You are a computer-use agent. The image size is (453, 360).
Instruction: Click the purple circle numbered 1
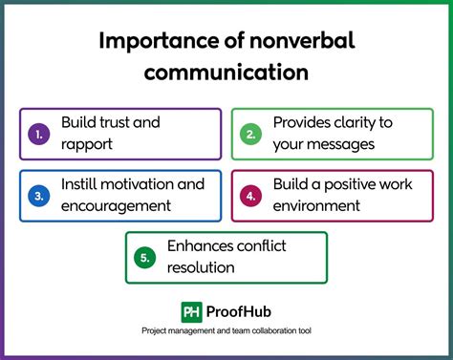[x=39, y=134]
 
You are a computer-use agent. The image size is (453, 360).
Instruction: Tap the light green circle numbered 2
[x=249, y=134]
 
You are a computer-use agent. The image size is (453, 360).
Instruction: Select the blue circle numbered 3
[x=39, y=196]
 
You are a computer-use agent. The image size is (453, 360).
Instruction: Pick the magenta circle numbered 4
[x=249, y=196]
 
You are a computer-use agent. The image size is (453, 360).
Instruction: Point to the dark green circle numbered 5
[x=144, y=258]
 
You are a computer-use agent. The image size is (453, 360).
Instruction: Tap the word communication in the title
[x=226, y=73]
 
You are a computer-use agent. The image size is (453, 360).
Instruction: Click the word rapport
[x=87, y=143]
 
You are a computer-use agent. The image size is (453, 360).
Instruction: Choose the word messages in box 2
[x=337, y=143]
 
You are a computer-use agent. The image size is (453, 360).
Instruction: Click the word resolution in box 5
[x=200, y=268]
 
